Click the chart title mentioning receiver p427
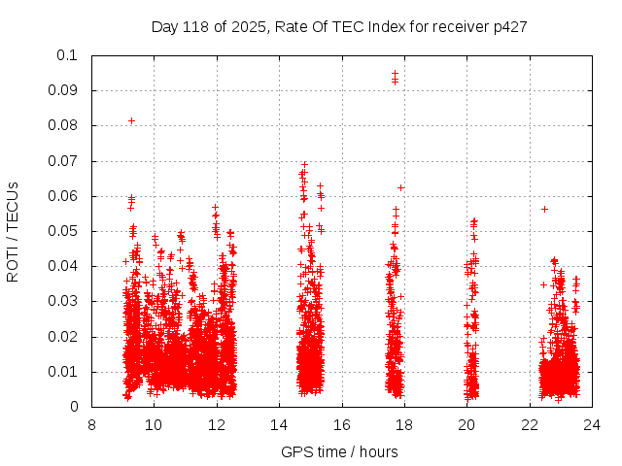click(339, 26)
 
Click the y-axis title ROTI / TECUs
click(13, 231)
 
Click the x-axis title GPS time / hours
click(339, 451)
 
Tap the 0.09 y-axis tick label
click(65, 90)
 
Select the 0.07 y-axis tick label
click(65, 161)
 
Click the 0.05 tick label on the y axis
click(65, 231)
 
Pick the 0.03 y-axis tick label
click(65, 302)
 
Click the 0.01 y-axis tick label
click(65, 372)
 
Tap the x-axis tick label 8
click(91, 424)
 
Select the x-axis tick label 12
click(217, 424)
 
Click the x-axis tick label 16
click(342, 424)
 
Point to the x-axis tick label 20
click(466, 424)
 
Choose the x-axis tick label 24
click(592, 424)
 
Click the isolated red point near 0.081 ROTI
click(131, 120)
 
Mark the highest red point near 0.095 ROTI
click(395, 73)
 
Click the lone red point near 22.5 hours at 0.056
click(545, 209)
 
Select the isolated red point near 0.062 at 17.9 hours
click(400, 187)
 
